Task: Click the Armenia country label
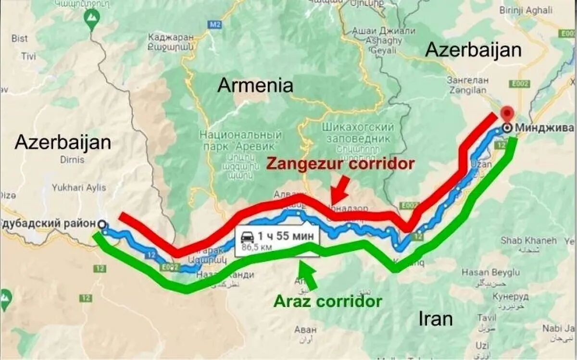pyautogui.click(x=255, y=86)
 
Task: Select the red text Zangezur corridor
pyautogui.click(x=340, y=164)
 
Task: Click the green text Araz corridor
pyautogui.click(x=328, y=301)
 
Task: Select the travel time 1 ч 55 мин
pyautogui.click(x=286, y=236)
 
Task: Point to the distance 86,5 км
pyautogui.click(x=256, y=247)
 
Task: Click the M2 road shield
pyautogui.click(x=214, y=24)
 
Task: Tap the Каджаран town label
pyautogui.click(x=171, y=37)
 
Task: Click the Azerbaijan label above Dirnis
pyautogui.click(x=63, y=142)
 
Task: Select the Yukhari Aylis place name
pyautogui.click(x=79, y=187)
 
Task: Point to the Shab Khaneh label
pyautogui.click(x=528, y=240)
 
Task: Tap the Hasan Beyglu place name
pyautogui.click(x=490, y=272)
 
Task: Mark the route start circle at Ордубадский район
pyautogui.click(x=101, y=223)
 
